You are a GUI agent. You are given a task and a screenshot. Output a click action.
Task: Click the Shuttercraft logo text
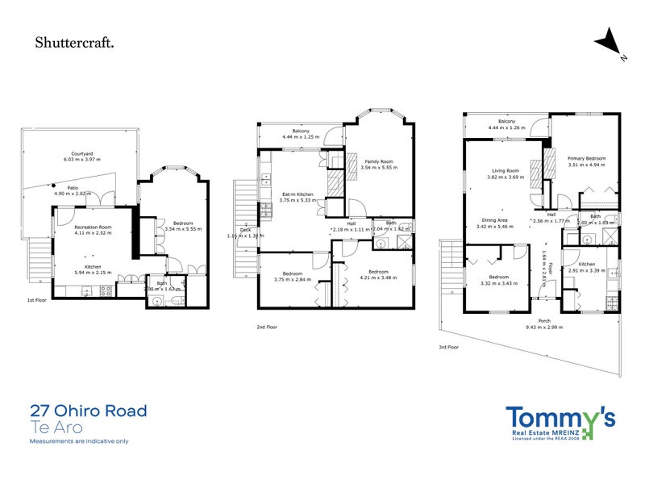click(74, 43)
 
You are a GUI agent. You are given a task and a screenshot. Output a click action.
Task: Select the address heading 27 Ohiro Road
click(88, 411)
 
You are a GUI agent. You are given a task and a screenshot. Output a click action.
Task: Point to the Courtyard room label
click(78, 153)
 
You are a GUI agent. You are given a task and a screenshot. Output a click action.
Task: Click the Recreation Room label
click(93, 228)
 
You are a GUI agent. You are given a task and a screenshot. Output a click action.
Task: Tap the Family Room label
click(377, 161)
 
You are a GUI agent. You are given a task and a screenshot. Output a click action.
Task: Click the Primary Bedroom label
click(586, 158)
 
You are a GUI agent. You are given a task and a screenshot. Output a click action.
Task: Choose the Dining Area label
click(495, 220)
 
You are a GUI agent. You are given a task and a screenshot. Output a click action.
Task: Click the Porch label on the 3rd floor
click(544, 321)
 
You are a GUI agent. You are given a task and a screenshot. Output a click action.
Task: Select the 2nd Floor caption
click(267, 327)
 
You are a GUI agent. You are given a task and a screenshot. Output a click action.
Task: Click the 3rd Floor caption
click(449, 348)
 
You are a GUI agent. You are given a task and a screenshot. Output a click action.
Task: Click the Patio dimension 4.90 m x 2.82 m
click(73, 194)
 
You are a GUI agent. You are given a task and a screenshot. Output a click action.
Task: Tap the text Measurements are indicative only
click(78, 441)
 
